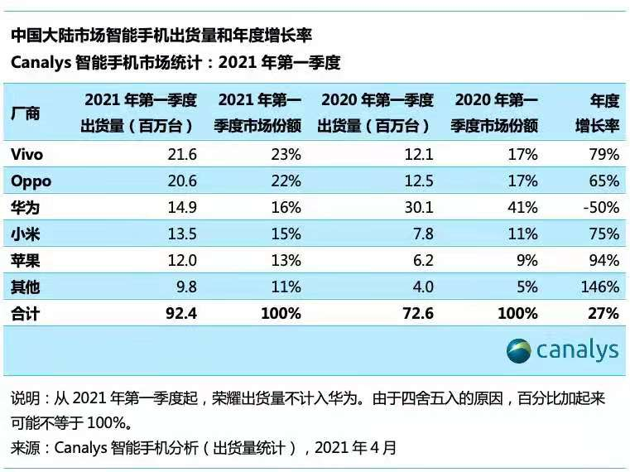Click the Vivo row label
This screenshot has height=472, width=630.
click(x=26, y=154)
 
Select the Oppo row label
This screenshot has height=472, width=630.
click(x=31, y=181)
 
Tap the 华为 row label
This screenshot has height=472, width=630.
click(x=26, y=207)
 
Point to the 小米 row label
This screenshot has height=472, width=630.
click(x=26, y=234)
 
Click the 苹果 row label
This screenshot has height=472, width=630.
click(x=26, y=260)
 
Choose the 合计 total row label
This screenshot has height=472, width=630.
click(x=26, y=313)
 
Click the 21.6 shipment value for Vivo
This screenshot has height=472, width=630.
click(x=181, y=154)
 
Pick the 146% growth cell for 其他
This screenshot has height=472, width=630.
click(x=599, y=287)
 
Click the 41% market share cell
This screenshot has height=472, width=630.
click(x=523, y=207)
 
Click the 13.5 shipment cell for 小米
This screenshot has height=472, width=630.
click(x=181, y=234)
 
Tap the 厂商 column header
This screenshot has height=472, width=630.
click(x=26, y=113)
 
